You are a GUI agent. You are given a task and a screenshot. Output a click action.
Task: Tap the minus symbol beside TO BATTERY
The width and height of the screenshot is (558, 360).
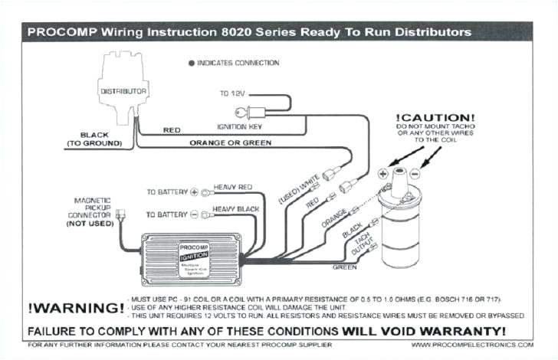tap(194, 215)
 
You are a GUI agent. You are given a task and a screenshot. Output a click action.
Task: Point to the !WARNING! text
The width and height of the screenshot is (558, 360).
tap(75, 308)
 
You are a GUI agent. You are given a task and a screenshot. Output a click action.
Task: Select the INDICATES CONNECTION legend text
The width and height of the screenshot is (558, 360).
tap(238, 63)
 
